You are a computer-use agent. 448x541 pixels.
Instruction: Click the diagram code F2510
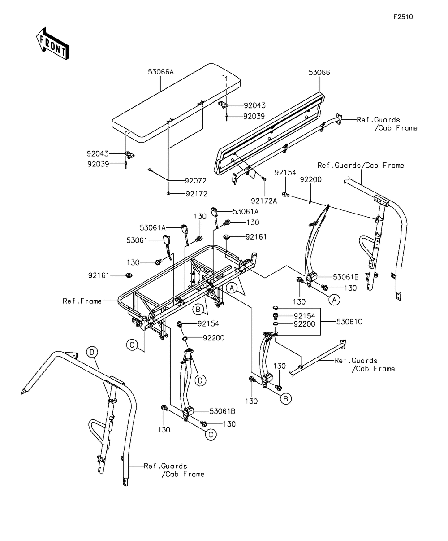tap(403, 17)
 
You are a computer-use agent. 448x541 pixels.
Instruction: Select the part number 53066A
tap(160, 72)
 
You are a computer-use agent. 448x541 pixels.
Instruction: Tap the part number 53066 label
tap(319, 73)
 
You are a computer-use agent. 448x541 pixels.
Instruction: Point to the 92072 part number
tap(195, 181)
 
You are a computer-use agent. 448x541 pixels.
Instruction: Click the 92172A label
tap(264, 201)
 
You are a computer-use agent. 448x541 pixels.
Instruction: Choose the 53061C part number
tap(349, 322)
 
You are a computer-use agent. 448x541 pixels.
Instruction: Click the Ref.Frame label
tap(82, 301)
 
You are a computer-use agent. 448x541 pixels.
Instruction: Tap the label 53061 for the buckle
tap(137, 240)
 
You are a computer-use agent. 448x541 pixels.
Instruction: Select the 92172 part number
tap(196, 194)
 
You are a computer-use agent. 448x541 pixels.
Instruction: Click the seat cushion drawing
tap(176, 103)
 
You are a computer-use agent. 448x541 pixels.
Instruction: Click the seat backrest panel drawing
tap(269, 133)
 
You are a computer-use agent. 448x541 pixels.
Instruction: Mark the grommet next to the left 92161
tap(129, 275)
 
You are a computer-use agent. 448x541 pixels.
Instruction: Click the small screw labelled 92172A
tap(264, 179)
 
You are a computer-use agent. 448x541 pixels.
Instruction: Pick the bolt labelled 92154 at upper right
tap(286, 195)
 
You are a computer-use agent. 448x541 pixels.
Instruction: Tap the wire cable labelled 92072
tap(158, 175)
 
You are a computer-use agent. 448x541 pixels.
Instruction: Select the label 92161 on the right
tap(256, 237)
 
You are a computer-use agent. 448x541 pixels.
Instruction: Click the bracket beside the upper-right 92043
tap(222, 105)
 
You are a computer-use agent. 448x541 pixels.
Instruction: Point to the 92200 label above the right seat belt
tap(310, 179)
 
